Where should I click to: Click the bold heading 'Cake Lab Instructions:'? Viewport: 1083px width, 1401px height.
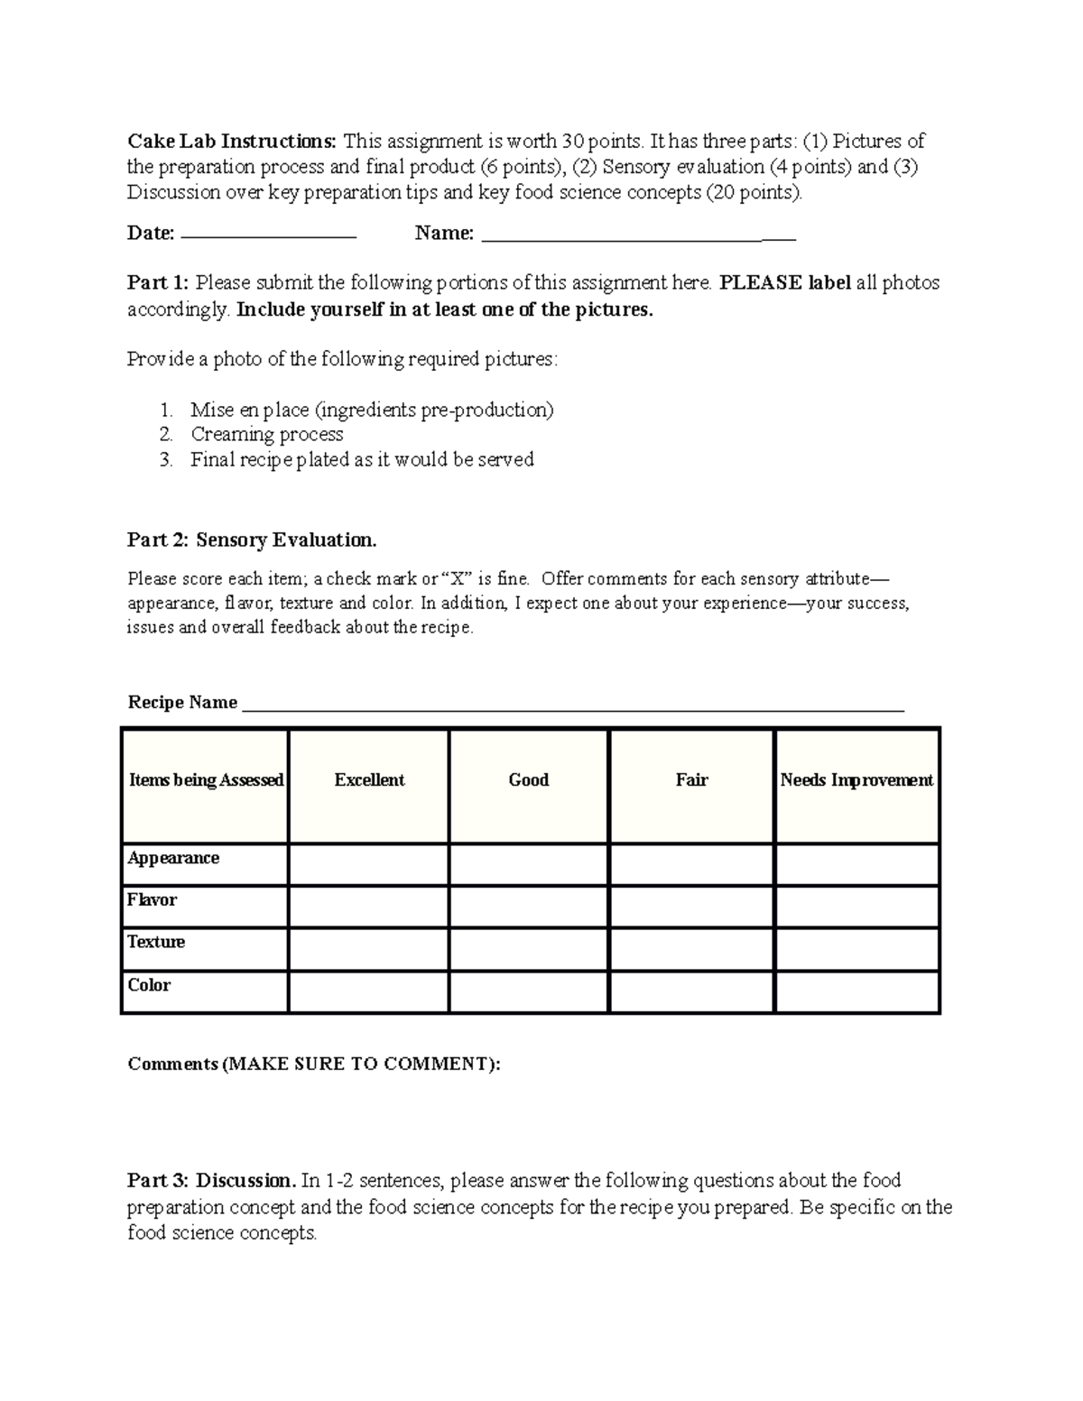pos(232,142)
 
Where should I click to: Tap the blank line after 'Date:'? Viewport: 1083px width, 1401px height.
pos(269,235)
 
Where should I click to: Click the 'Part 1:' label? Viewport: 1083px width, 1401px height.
pos(158,283)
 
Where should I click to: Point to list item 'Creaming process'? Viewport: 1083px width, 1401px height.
pos(266,434)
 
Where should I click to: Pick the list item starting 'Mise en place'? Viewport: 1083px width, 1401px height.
pos(371,410)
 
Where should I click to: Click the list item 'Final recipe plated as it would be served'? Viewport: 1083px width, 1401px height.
pos(361,459)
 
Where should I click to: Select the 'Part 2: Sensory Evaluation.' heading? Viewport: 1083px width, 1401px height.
pos(252,540)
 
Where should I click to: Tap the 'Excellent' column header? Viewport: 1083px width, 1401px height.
pos(369,780)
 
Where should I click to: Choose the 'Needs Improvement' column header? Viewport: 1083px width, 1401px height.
pos(856,780)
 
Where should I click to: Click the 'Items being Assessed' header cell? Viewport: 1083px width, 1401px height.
pos(206,780)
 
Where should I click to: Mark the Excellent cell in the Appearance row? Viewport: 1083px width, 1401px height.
pos(368,864)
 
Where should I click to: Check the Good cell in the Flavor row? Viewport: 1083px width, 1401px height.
pos(529,907)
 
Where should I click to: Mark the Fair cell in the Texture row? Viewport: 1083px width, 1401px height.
pos(691,949)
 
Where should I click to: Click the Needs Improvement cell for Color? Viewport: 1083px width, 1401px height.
pos(856,991)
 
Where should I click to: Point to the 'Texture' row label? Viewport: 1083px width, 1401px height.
pos(156,942)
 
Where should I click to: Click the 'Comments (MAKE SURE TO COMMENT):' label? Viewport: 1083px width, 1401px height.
pos(313,1065)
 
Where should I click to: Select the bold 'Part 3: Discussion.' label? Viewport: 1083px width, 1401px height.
pos(211,1181)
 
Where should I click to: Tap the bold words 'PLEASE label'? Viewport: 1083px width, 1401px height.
pos(784,283)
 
